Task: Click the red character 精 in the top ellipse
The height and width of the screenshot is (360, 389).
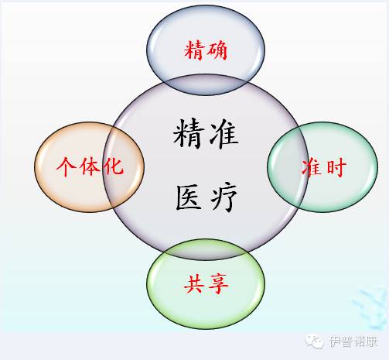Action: pyautogui.click(x=194, y=50)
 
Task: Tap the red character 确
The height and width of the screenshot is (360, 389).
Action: pyautogui.click(x=217, y=50)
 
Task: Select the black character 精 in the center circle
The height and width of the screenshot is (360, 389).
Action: pyautogui.click(x=188, y=133)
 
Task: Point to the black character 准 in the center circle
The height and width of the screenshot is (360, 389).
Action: pyautogui.click(x=224, y=134)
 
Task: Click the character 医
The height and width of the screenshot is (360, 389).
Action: pyautogui.click(x=189, y=197)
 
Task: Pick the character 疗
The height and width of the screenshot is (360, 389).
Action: pyautogui.click(x=224, y=197)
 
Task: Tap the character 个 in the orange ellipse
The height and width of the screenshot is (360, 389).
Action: pyautogui.click(x=66, y=166)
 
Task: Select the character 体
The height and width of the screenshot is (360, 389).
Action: pyautogui.click(x=90, y=166)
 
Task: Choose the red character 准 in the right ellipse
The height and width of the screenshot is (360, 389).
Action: pyautogui.click(x=312, y=168)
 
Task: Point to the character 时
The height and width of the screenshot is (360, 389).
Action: pyautogui.click(x=336, y=168)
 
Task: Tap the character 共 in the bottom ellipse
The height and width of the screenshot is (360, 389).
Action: pyautogui.click(x=194, y=284)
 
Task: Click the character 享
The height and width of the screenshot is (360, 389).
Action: pyautogui.click(x=218, y=284)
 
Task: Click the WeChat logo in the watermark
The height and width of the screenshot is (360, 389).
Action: pyautogui.click(x=314, y=341)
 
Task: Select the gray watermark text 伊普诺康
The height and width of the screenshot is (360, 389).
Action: pyautogui.click(x=353, y=341)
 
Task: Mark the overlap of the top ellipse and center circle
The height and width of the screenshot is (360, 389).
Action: pyautogui.click(x=206, y=84)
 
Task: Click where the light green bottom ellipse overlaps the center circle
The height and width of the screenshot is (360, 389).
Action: pyautogui.click(x=206, y=249)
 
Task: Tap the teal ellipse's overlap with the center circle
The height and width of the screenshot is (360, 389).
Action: pyautogui.click(x=288, y=166)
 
